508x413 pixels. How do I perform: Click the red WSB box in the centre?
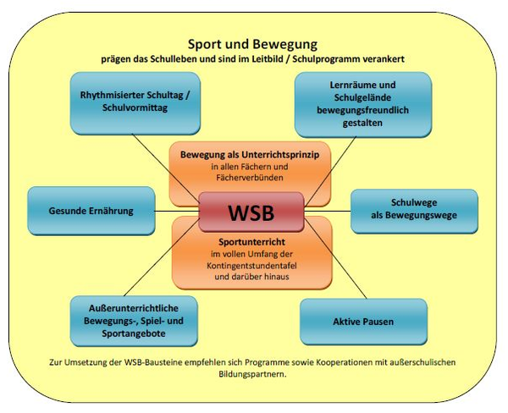(x=251, y=211)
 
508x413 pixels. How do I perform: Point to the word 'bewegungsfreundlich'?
(x=363, y=110)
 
